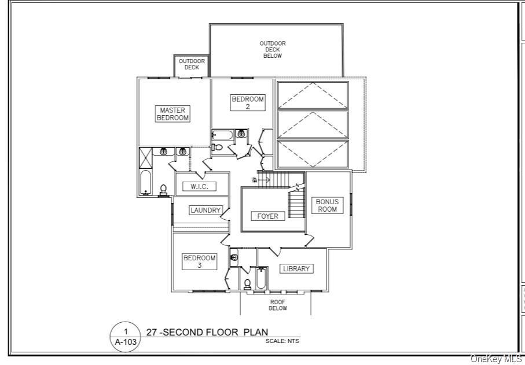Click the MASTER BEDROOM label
173,113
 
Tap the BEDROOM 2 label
248,102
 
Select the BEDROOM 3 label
200,261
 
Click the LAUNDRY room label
205,211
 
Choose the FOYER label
268,216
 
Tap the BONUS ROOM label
327,205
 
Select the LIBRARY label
296,268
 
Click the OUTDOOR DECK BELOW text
273,50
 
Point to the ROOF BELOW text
277,305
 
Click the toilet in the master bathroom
164,189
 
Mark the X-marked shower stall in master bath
145,157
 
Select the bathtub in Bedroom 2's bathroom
222,136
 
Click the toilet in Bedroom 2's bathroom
218,148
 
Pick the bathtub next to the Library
261,279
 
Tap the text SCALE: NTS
282,341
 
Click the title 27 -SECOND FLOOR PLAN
207,332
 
